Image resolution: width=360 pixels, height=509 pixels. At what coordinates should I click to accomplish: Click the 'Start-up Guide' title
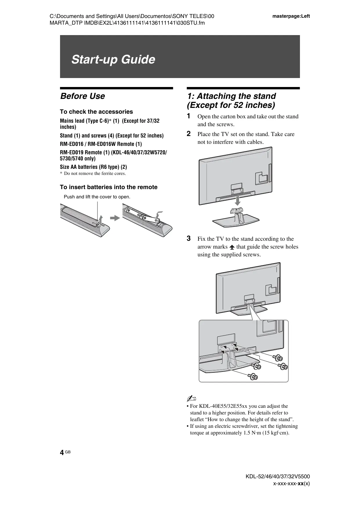(113, 59)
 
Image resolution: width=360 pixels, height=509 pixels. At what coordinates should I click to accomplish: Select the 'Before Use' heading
(82, 96)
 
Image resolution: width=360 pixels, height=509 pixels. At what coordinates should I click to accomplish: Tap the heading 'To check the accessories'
(96, 112)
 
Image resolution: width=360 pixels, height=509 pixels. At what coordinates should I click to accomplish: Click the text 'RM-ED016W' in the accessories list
(102, 144)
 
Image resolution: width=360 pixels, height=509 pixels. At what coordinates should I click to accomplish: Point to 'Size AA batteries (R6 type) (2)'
(93, 167)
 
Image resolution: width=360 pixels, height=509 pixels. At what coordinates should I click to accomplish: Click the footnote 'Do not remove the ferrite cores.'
(95, 173)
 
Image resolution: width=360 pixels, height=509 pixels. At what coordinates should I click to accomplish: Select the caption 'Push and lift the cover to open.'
(97, 197)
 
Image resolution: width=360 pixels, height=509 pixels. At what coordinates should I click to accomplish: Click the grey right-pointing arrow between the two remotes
(115, 218)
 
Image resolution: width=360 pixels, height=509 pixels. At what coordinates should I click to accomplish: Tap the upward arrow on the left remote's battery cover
(100, 219)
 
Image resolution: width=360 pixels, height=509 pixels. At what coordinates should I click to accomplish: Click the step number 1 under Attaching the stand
(189, 116)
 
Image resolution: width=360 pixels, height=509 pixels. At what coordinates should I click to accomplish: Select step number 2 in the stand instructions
(189, 134)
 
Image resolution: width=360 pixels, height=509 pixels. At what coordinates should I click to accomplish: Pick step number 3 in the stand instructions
(189, 238)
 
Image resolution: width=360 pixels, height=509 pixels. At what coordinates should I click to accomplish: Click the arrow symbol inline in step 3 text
(232, 247)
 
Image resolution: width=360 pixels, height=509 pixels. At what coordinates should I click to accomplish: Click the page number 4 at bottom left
(62, 453)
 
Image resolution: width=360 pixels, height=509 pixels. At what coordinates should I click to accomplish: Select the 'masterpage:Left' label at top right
(291, 16)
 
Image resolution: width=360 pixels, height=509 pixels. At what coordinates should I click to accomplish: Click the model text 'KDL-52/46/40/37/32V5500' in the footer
(278, 476)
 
